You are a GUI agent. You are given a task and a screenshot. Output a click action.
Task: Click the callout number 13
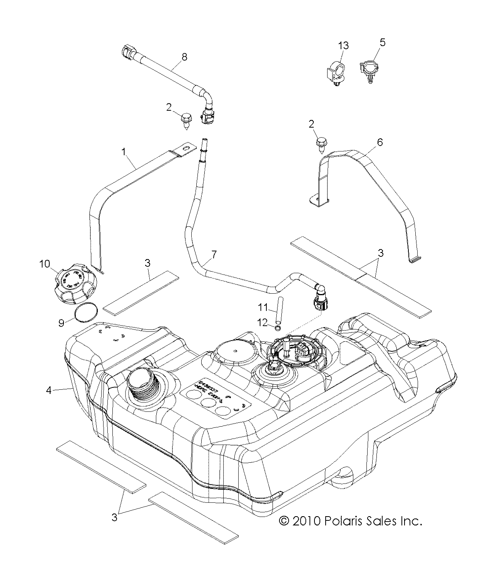click(343, 46)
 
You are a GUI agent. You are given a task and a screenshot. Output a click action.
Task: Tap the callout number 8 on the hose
click(184, 57)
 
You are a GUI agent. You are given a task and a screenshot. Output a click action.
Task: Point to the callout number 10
click(45, 264)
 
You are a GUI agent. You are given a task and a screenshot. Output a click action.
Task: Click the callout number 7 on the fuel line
click(214, 254)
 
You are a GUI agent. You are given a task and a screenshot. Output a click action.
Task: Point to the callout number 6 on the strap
click(380, 143)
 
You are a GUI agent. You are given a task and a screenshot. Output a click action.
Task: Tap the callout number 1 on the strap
click(124, 152)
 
